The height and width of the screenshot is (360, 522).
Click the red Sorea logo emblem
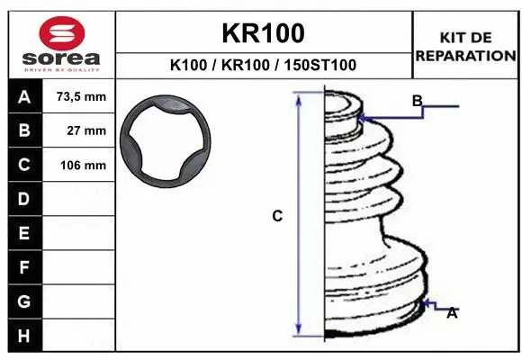[62, 33]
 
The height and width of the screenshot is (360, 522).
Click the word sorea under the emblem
[61, 58]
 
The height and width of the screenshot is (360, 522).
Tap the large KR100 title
[263, 33]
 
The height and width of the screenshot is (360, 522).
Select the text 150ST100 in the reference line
[319, 65]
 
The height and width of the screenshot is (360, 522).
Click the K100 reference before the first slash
[188, 65]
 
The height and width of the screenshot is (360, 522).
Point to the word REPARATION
[465, 56]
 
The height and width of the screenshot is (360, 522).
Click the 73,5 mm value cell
[78, 96]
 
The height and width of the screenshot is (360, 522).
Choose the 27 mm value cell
[78, 130]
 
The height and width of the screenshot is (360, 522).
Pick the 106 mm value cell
[78, 165]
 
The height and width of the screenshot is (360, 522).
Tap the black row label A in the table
[24, 96]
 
